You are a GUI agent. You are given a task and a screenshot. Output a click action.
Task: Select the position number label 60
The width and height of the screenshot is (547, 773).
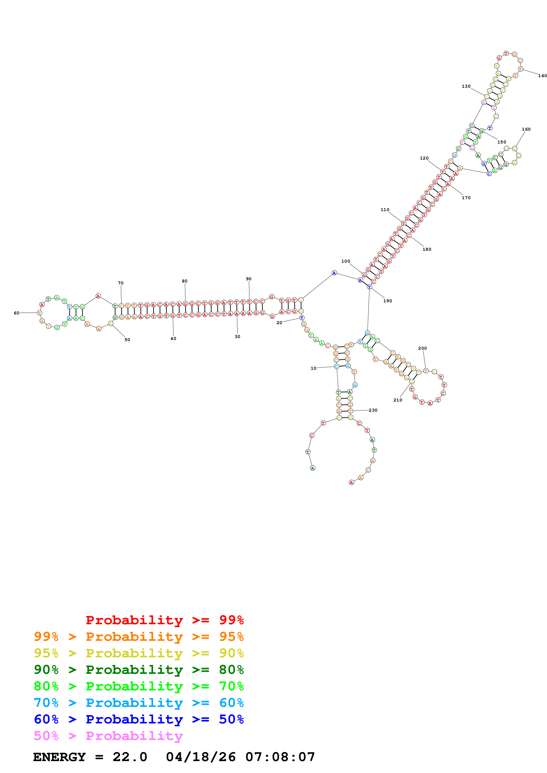(17, 313)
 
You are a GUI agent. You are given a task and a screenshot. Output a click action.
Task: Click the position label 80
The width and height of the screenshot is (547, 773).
(185, 281)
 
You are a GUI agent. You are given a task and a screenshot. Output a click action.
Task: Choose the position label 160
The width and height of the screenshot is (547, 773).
(526, 129)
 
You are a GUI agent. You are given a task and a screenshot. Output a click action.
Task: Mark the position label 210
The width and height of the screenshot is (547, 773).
(397, 400)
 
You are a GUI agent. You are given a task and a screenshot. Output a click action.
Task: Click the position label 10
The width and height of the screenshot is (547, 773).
(313, 368)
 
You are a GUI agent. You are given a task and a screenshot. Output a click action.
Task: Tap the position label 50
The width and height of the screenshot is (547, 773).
(127, 340)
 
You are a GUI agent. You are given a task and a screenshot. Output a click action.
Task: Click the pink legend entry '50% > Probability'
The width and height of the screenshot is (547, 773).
(108, 736)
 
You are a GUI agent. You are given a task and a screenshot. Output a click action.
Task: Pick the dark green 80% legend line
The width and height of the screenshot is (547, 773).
(139, 670)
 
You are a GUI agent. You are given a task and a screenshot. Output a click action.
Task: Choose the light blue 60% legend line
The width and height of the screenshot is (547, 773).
(139, 703)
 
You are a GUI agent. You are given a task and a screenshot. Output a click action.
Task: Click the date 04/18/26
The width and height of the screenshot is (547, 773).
(201, 757)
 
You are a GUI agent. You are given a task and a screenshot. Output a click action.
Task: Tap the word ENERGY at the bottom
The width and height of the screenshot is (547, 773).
(59, 757)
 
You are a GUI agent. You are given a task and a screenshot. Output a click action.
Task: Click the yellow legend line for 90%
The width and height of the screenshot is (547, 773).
(139, 653)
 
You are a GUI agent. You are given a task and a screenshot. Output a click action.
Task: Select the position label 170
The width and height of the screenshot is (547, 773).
(466, 198)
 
